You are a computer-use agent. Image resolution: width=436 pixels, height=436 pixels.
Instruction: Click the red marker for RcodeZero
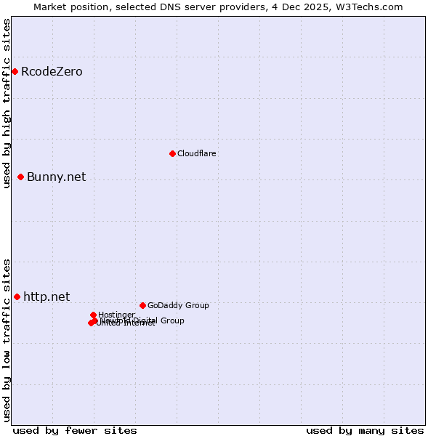point(15,71)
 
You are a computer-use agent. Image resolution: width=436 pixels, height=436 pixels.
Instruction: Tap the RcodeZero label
point(52,71)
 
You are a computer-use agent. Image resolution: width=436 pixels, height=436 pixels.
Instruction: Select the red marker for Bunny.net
point(21,177)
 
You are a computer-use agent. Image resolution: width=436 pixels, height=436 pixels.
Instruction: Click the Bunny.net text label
point(56,177)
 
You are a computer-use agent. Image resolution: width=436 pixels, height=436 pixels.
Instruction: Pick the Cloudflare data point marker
point(172,153)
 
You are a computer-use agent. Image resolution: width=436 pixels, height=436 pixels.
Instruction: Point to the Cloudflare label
point(197,153)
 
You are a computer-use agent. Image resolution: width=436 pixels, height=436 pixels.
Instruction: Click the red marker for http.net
point(17,296)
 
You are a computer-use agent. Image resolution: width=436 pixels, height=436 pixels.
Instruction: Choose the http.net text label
point(47,296)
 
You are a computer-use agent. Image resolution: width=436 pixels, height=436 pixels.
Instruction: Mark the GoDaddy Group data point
point(142,305)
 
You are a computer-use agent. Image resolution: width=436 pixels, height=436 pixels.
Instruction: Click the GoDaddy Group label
point(178,305)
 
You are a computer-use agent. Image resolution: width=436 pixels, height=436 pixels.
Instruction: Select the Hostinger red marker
point(94,315)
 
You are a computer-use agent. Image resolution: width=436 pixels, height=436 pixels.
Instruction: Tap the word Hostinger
point(116,315)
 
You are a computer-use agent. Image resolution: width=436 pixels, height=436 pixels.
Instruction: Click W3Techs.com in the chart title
point(368,7)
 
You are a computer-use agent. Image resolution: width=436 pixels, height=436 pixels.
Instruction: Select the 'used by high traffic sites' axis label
point(7,103)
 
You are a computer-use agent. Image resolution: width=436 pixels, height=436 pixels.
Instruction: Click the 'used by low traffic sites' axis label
point(7,339)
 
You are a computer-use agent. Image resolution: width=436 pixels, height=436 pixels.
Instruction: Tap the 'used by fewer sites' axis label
point(75,430)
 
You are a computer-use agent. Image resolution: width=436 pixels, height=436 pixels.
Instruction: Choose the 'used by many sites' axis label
point(365,430)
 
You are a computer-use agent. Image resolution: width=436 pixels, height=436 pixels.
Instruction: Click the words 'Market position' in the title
point(70,7)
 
